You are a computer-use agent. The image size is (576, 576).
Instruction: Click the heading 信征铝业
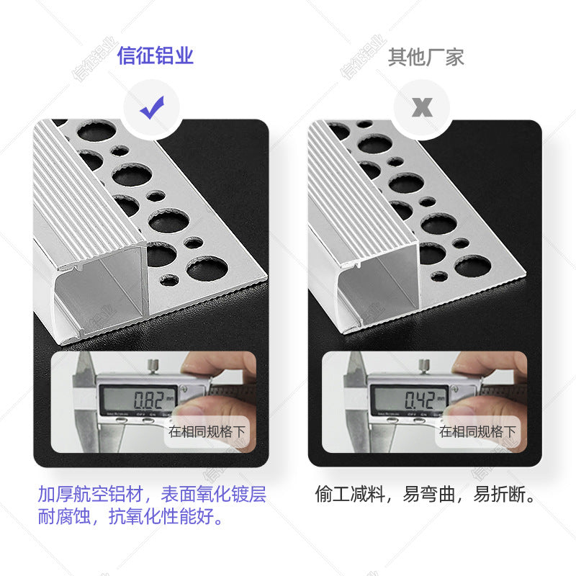click(156, 57)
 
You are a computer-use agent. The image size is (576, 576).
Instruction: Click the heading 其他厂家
click(426, 57)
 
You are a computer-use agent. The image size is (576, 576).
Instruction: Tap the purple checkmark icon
click(152, 108)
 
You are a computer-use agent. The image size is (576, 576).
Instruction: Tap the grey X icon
click(422, 108)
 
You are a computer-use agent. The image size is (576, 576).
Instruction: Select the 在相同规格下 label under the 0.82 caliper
click(207, 432)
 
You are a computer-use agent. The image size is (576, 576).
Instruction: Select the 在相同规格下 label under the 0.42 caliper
click(478, 432)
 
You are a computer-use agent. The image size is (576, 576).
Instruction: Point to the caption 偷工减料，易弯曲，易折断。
click(426, 495)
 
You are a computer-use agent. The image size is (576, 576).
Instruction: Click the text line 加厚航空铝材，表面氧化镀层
click(152, 495)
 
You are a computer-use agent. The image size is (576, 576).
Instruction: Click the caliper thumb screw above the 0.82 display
click(153, 369)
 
